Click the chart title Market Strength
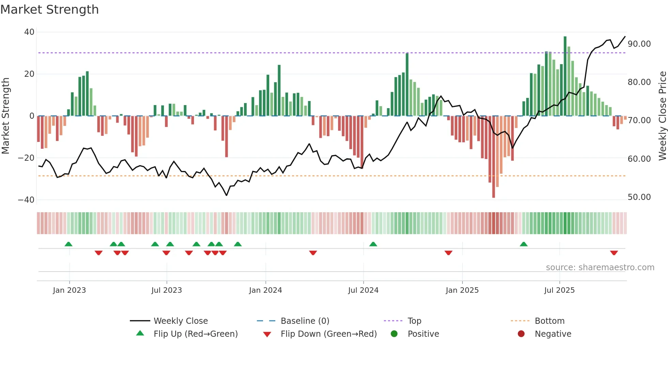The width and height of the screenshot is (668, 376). coord(49,10)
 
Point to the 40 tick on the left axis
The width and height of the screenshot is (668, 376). coord(29,32)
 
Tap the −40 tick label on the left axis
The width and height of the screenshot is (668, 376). coord(26,200)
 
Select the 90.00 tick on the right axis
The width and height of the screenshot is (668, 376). coord(639,44)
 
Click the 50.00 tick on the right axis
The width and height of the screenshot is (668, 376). coord(639,197)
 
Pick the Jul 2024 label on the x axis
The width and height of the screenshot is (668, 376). coord(363,290)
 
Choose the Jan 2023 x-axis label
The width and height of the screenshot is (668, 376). coord(69,290)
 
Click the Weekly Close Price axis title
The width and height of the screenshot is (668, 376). coord(662,116)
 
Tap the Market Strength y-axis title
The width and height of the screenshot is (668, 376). coord(5,116)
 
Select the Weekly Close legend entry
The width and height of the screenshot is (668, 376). coord(180,321)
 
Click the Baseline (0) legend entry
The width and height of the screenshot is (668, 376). coord(305,321)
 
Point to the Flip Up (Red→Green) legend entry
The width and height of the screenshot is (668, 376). coord(195,334)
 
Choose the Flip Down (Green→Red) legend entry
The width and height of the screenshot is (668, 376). coord(329,334)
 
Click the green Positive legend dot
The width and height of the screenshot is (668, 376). coord(394,334)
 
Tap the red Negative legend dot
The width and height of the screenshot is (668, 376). coord(521,334)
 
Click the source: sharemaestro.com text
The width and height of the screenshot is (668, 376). coord(600,267)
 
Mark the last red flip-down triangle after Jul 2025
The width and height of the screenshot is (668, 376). coord(614,253)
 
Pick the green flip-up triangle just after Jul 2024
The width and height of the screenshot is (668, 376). coord(373,244)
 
